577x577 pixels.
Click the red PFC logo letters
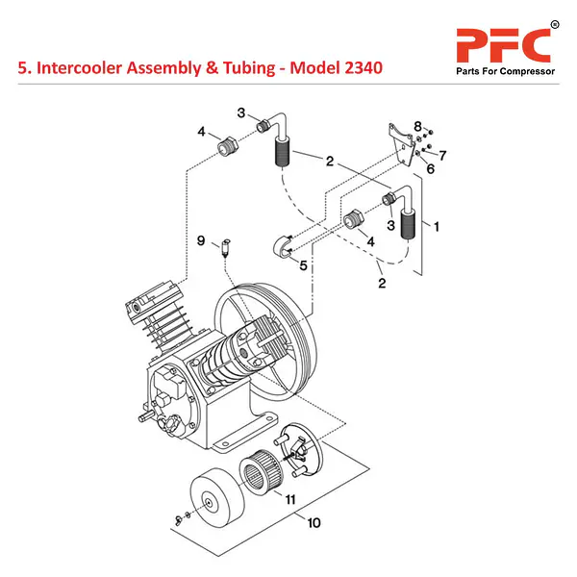pyautogui.click(x=503, y=44)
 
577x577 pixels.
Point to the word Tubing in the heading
pyautogui.click(x=237, y=70)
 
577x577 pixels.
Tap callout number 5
pyautogui.click(x=303, y=265)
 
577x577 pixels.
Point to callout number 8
pyautogui.click(x=417, y=126)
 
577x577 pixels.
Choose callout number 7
pyautogui.click(x=443, y=154)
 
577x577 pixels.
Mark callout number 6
pyautogui.click(x=430, y=168)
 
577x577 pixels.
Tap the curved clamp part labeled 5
pyautogui.click(x=283, y=245)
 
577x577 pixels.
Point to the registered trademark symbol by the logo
pyautogui.click(x=554, y=23)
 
